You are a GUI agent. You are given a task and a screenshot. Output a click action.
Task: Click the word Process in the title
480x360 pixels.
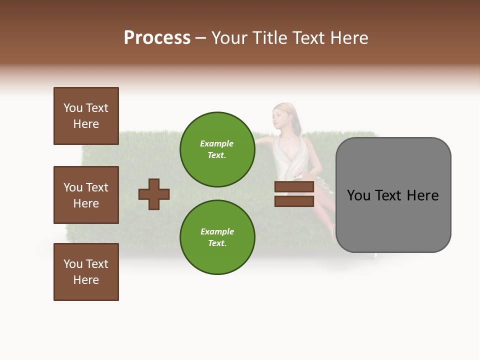point(157,38)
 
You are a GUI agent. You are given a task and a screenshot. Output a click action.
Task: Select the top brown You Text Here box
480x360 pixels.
point(86,116)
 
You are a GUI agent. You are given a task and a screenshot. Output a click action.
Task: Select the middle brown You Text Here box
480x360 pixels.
point(86,195)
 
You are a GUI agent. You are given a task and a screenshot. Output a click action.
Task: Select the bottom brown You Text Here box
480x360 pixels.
point(86,272)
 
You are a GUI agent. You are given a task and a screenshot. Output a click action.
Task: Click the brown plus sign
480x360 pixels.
point(154,194)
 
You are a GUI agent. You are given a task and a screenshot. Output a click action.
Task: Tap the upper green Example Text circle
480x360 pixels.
point(217,149)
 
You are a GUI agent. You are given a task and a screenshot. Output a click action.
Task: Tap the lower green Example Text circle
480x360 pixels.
point(217,237)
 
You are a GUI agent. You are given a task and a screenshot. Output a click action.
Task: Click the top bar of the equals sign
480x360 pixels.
point(294,187)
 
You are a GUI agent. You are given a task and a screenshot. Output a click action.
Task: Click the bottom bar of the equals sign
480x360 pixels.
point(294,201)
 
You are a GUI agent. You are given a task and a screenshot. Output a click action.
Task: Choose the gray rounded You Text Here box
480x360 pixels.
point(393,195)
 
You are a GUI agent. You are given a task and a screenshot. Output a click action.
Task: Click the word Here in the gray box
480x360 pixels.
point(422,195)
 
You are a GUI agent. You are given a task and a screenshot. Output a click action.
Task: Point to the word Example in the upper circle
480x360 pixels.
point(217,144)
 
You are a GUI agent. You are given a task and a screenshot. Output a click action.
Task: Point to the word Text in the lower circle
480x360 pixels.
point(217,243)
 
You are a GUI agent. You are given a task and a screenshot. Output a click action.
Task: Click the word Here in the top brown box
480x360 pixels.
point(86,124)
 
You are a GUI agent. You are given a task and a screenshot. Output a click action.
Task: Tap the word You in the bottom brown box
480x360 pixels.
point(73,264)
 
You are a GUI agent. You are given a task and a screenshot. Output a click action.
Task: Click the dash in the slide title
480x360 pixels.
point(201,38)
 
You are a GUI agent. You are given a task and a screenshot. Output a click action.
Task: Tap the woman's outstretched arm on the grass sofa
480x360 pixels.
point(265,145)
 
